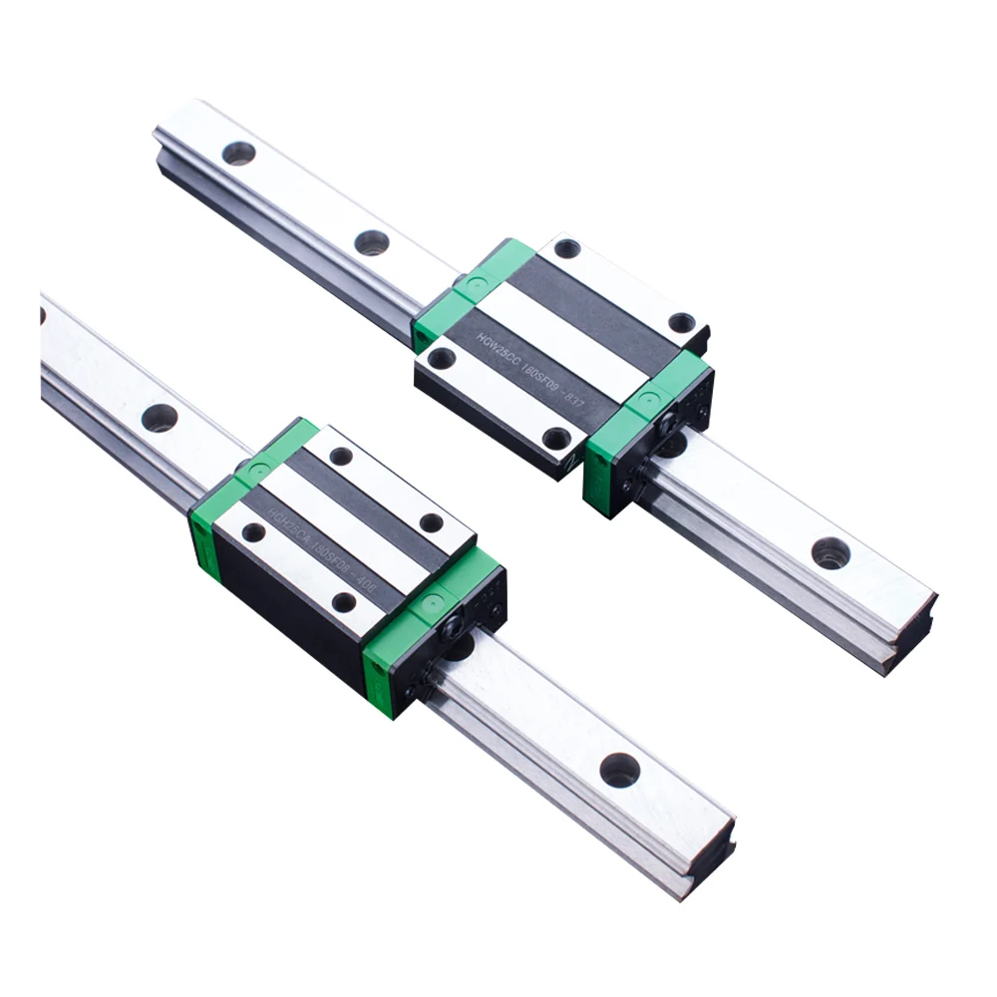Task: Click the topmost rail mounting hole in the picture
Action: (238, 153)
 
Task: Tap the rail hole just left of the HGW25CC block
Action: (371, 242)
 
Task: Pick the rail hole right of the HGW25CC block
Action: (830, 552)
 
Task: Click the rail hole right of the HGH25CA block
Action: (619, 769)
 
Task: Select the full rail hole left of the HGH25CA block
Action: (159, 417)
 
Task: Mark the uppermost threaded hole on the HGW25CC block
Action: (566, 248)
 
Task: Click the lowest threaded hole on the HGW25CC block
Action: (556, 439)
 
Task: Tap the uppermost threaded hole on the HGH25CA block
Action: (341, 456)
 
